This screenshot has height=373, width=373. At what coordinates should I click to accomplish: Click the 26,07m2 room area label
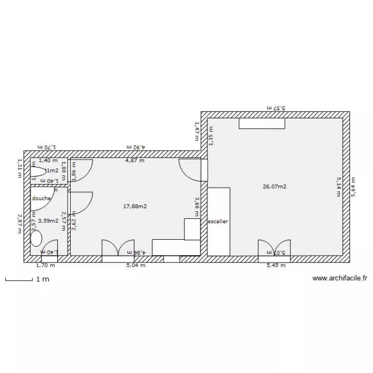click(275, 187)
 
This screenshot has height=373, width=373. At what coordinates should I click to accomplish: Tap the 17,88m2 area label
click(135, 206)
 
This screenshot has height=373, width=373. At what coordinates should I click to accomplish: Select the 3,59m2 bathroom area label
click(49, 221)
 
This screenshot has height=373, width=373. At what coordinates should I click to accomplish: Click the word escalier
click(218, 221)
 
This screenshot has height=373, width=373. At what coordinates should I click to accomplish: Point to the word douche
click(41, 198)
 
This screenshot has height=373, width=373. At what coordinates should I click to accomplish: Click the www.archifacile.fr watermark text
click(340, 279)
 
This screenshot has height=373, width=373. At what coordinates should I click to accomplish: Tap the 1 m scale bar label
click(43, 280)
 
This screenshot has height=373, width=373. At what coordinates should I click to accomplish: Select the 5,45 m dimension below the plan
click(277, 265)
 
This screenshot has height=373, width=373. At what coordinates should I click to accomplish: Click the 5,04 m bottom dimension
click(136, 265)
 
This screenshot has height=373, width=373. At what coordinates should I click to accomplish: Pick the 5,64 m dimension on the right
click(354, 187)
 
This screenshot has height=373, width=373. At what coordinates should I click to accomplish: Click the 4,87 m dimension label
click(135, 161)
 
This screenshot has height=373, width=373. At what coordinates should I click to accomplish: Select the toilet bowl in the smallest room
click(37, 172)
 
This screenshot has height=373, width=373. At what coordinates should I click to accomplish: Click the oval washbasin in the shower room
click(36, 238)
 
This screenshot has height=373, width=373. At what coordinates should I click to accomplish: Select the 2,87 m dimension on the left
click(19, 224)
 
